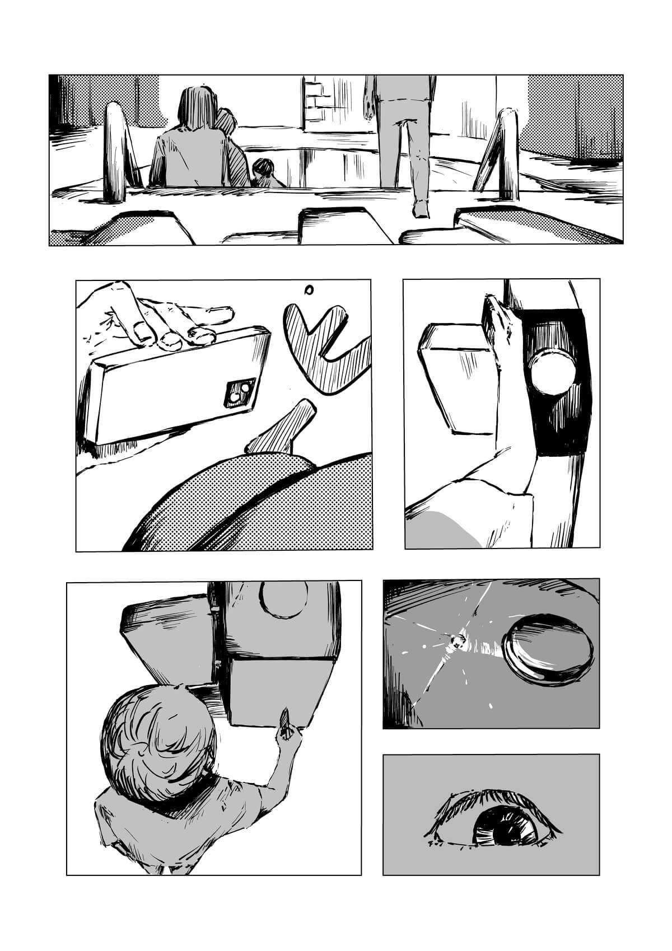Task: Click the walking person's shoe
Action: click(x=419, y=208)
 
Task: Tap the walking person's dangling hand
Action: click(x=368, y=108)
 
